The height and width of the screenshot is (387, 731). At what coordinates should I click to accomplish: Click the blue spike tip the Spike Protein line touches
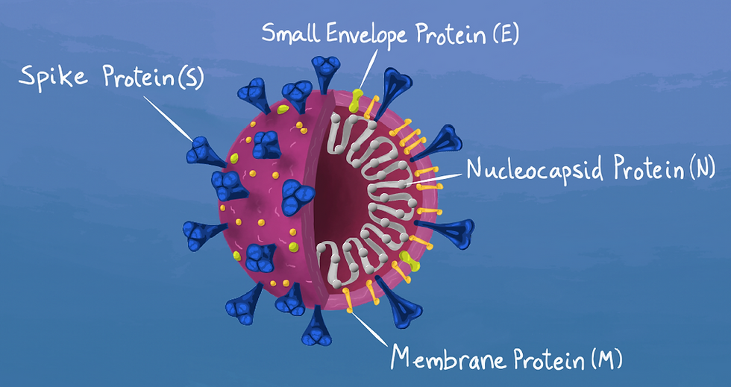click(199, 152)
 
